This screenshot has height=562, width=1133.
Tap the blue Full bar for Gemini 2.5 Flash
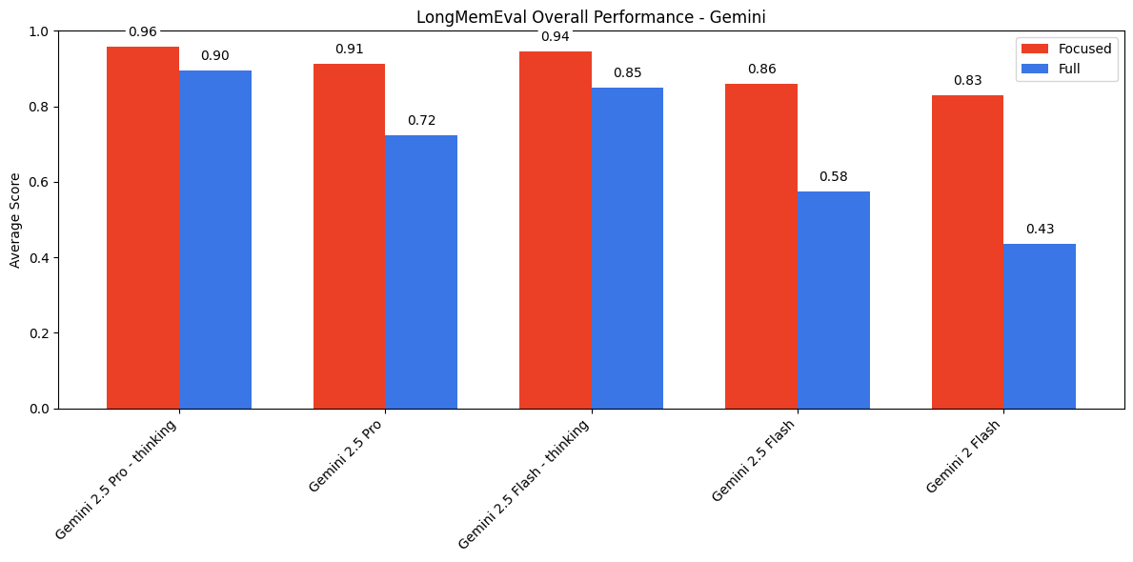click(834, 299)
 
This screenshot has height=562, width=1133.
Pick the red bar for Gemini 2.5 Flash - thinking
click(556, 230)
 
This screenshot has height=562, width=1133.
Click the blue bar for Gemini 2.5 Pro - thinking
click(215, 239)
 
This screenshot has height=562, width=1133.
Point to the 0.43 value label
click(1040, 230)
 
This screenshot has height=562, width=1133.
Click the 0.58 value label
click(834, 177)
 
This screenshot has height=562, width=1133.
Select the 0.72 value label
click(421, 121)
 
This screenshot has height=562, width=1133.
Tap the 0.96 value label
click(143, 32)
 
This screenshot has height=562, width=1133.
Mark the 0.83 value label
click(967, 81)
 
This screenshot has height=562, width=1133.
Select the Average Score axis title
click(15, 220)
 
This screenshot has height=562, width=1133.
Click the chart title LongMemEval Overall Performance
click(591, 17)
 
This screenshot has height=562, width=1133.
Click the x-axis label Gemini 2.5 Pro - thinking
click(117, 479)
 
